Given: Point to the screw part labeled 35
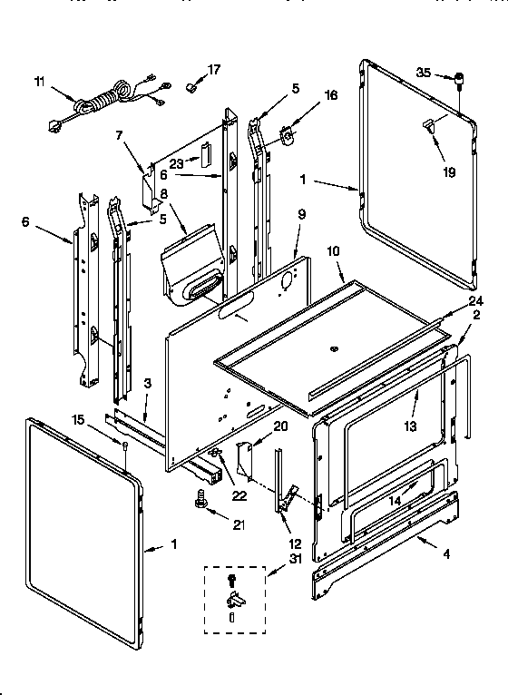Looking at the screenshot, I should [x=459, y=80].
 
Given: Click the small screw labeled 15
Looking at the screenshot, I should [x=123, y=442].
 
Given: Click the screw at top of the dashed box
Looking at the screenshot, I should [x=232, y=577].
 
